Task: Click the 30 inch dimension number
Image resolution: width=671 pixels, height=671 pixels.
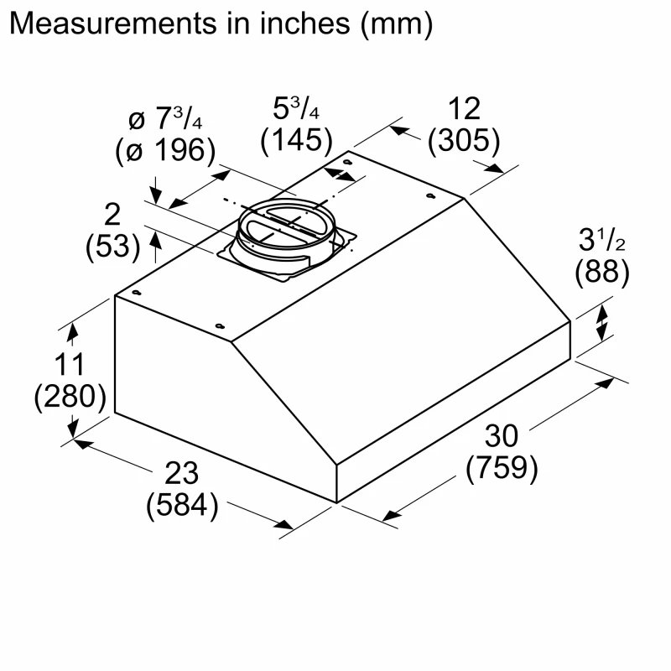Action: [502, 436]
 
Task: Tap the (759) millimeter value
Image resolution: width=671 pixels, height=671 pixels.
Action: [502, 469]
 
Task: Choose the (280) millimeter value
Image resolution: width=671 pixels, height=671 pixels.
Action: [70, 396]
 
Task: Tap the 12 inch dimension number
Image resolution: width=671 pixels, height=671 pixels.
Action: [464, 109]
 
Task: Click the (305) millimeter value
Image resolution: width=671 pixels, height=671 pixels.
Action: [464, 141]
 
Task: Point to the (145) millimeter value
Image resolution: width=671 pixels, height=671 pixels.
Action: [296, 139]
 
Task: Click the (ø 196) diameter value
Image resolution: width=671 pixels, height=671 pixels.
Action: [165, 150]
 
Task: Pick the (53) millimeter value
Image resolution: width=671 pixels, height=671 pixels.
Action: [112, 246]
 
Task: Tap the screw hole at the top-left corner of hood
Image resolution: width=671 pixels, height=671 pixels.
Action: [135, 294]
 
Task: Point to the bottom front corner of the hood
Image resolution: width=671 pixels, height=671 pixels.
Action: [336, 502]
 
